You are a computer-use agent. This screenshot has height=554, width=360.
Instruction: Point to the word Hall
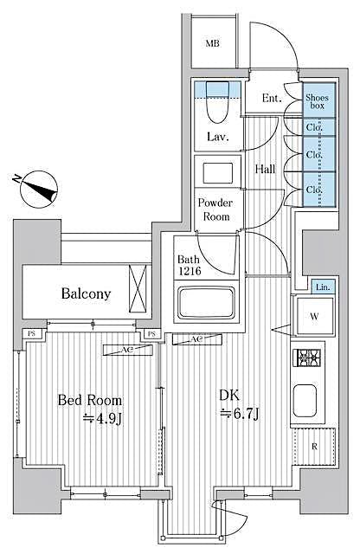point(265,169)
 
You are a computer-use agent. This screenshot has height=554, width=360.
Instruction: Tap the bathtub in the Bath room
point(209,304)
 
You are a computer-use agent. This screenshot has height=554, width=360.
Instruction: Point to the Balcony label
point(86,293)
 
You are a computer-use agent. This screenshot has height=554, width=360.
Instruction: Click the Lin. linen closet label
point(322,287)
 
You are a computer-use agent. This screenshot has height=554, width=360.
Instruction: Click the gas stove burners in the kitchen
point(310,358)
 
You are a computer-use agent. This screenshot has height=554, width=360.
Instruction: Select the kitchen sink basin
point(309,399)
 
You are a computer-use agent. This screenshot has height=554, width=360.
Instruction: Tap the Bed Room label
point(89,402)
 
